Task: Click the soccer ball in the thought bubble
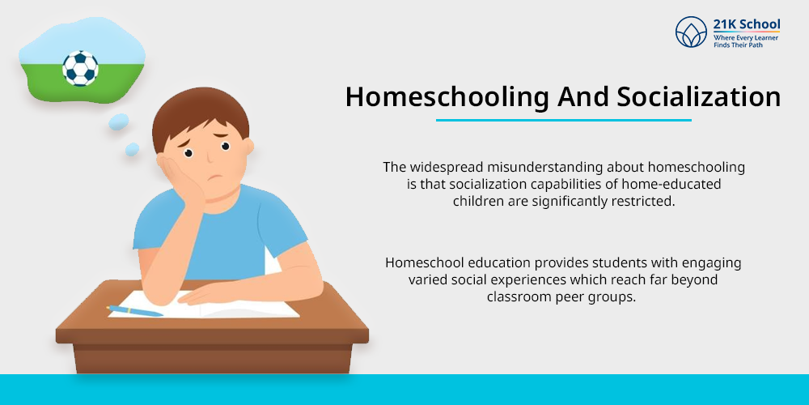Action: tap(80, 68)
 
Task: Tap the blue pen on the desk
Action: tap(135, 310)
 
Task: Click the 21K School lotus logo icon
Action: tap(691, 32)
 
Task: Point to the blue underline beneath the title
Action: tap(563, 121)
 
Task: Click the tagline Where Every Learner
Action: tap(746, 38)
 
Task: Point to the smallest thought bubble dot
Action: tap(132, 149)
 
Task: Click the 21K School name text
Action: tap(747, 25)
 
